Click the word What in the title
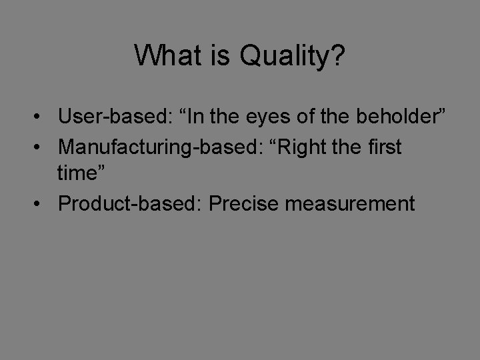click(167, 56)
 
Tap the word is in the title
click(220, 56)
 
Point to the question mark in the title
click(338, 56)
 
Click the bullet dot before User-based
click(41, 118)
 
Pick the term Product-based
click(129, 203)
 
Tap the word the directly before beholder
click(349, 117)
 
